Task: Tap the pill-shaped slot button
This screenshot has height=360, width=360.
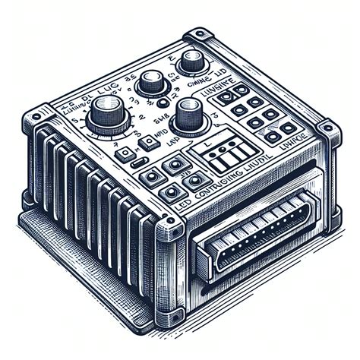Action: [138, 163]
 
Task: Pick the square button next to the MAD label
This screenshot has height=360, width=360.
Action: [122, 156]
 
